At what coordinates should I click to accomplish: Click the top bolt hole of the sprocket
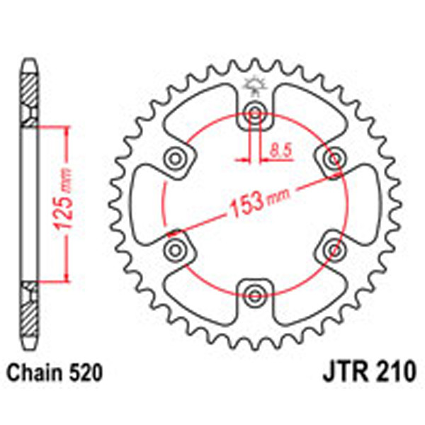[x=254, y=111]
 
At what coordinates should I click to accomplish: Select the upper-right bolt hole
[x=331, y=157]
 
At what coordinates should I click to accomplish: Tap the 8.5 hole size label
[x=278, y=149]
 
